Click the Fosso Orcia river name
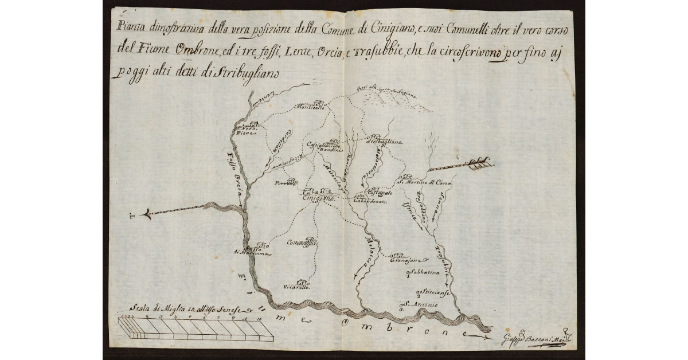click(x=237, y=173)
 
